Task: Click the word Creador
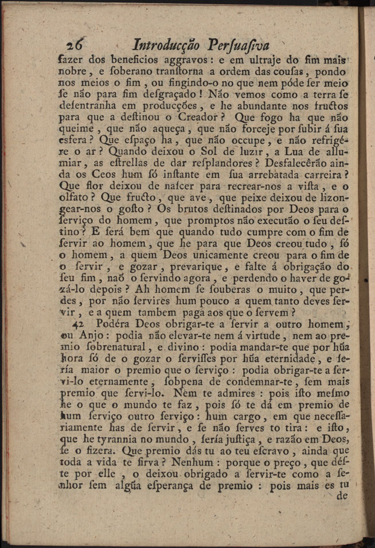(193, 118)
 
